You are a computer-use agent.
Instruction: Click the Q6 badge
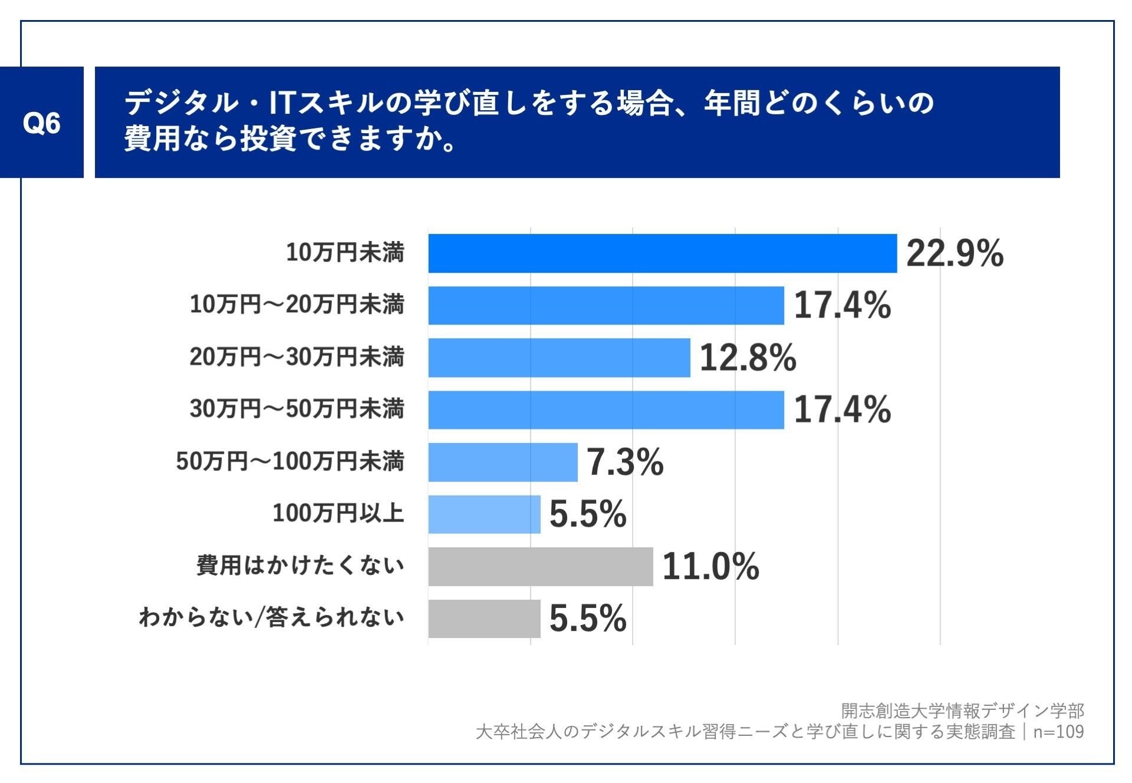coord(41,123)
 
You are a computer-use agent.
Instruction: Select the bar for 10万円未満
coord(662,253)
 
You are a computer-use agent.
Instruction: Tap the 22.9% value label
coord(955,254)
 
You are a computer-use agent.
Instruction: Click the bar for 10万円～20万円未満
coord(606,305)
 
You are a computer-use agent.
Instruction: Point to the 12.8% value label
coord(748,358)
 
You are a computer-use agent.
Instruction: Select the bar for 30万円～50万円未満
coord(606,409)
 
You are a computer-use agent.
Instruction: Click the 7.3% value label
coord(625,462)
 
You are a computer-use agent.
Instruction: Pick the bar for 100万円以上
coord(484,514)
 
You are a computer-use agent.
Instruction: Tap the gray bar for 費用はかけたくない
coord(541,566)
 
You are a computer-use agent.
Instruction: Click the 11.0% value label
coord(710,566)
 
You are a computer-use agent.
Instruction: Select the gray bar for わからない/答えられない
coord(484,619)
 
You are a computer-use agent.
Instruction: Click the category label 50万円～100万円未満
coord(290,461)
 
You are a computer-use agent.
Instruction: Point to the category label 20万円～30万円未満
coord(297,357)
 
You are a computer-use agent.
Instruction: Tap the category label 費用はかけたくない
coord(300,566)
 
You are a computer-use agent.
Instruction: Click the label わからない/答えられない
coord(271,617)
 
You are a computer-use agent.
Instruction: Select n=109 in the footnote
coord(1058,732)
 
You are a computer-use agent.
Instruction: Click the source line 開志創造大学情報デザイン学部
coord(962,711)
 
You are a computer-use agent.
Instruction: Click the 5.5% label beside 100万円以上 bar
coord(588,514)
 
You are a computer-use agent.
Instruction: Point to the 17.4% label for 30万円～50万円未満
coord(842,409)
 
